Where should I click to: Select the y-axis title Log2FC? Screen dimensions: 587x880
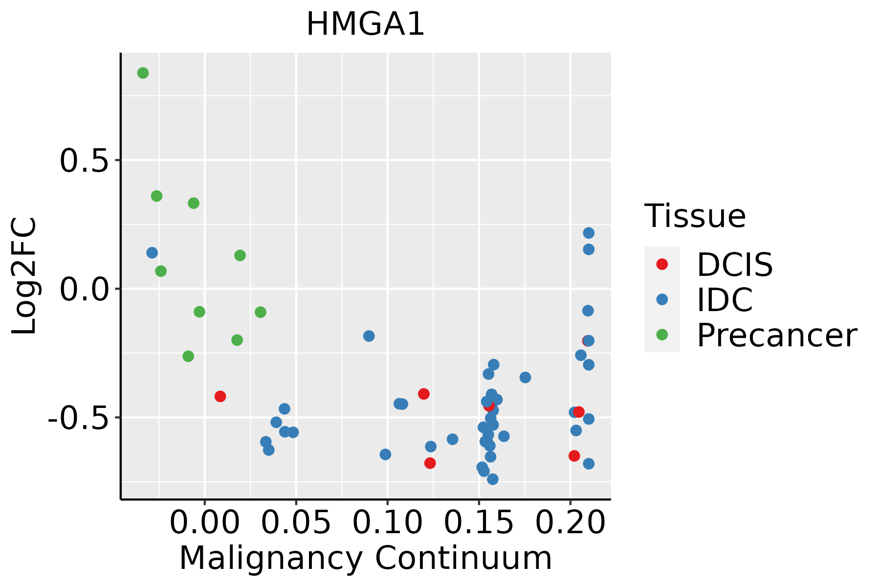[24, 276]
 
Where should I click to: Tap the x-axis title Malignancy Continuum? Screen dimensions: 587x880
[366, 559]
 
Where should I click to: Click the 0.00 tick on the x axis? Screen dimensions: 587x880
[204, 523]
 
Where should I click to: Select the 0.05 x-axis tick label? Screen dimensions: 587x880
[296, 523]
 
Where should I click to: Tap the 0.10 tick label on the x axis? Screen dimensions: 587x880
[387, 523]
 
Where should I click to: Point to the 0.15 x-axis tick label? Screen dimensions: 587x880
[479, 523]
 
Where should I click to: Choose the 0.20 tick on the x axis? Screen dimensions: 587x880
[570, 523]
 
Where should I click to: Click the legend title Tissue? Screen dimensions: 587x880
[695, 216]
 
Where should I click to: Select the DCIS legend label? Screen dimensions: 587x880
[734, 265]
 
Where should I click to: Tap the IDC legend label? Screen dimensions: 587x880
[725, 300]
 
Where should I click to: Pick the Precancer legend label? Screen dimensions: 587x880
[776, 336]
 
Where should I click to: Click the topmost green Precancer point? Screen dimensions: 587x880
[143, 73]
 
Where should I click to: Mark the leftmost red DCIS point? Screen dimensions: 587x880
[220, 396]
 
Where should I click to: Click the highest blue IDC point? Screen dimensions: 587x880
[589, 233]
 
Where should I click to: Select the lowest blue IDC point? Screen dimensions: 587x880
[493, 479]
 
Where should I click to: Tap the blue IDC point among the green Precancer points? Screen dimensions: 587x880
[152, 253]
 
